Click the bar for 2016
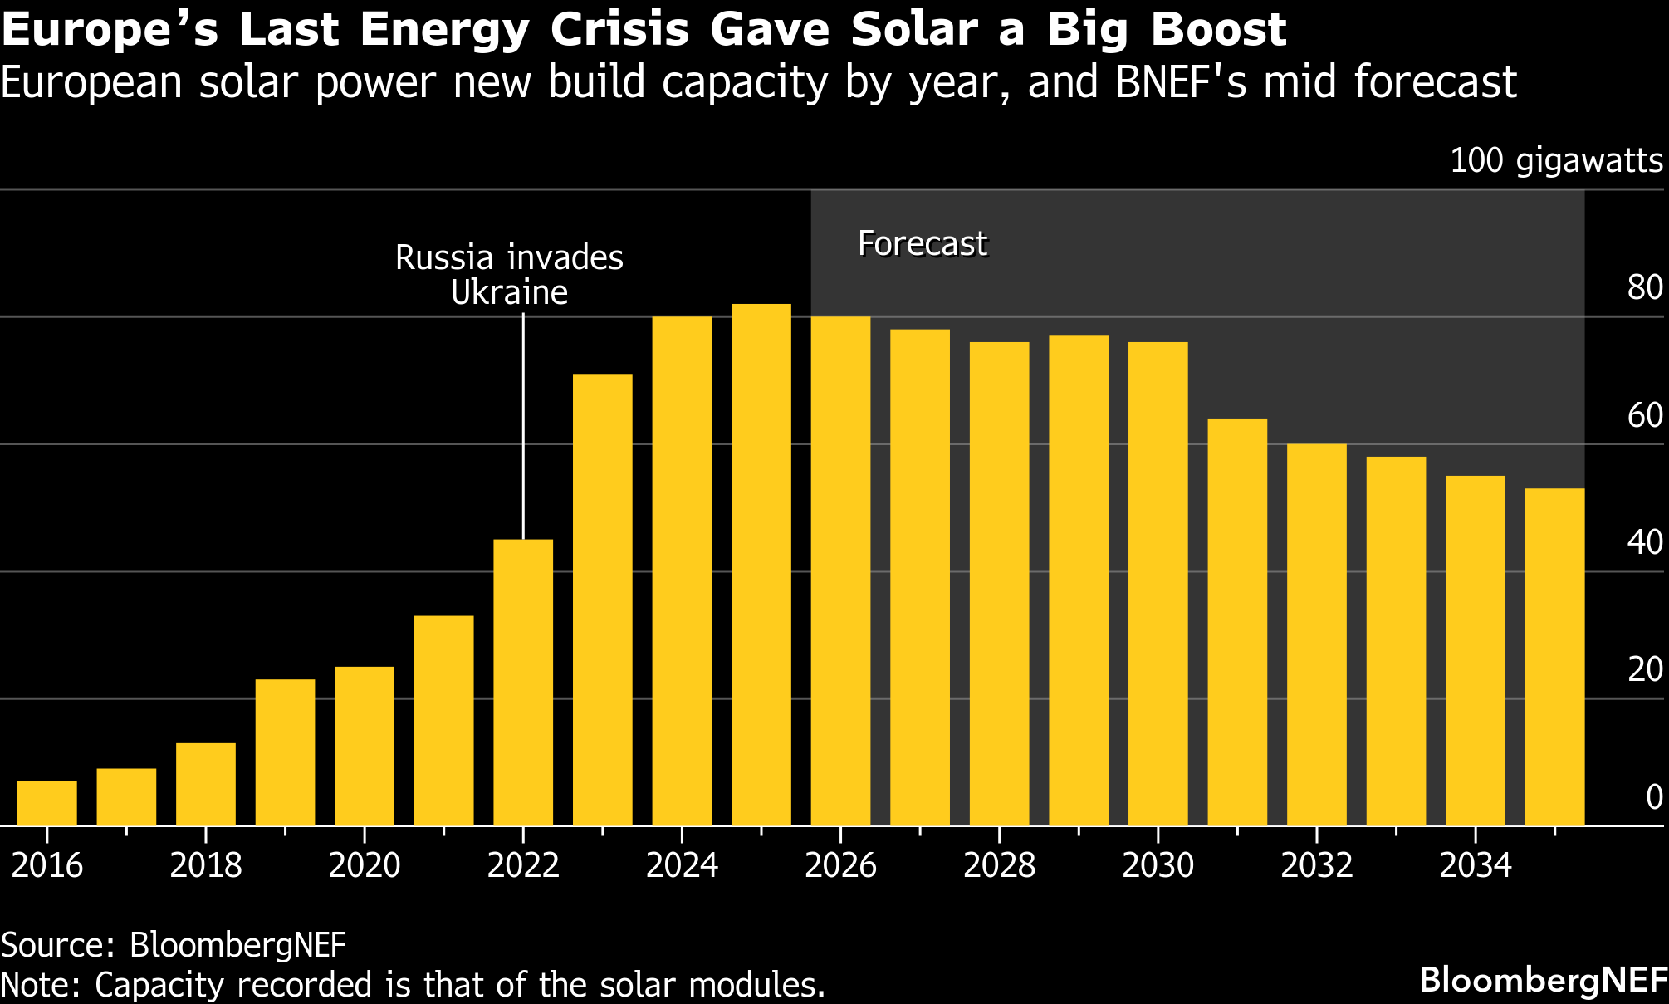coord(47,803)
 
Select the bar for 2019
coord(285,752)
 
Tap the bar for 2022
coord(523,683)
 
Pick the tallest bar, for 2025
coord(761,565)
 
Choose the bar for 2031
coord(1237,622)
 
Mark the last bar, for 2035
coord(1554,657)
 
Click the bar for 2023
coord(603,600)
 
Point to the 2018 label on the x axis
coord(206,865)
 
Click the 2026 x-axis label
coord(840,865)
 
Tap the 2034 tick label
coord(1475,865)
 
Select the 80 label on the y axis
coord(1645,288)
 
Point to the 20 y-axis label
coord(1645,669)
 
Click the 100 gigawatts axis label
coord(1556,160)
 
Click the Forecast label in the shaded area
coord(923,244)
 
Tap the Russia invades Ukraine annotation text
coord(509,275)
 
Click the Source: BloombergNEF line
coord(173,945)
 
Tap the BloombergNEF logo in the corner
coord(1544,980)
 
